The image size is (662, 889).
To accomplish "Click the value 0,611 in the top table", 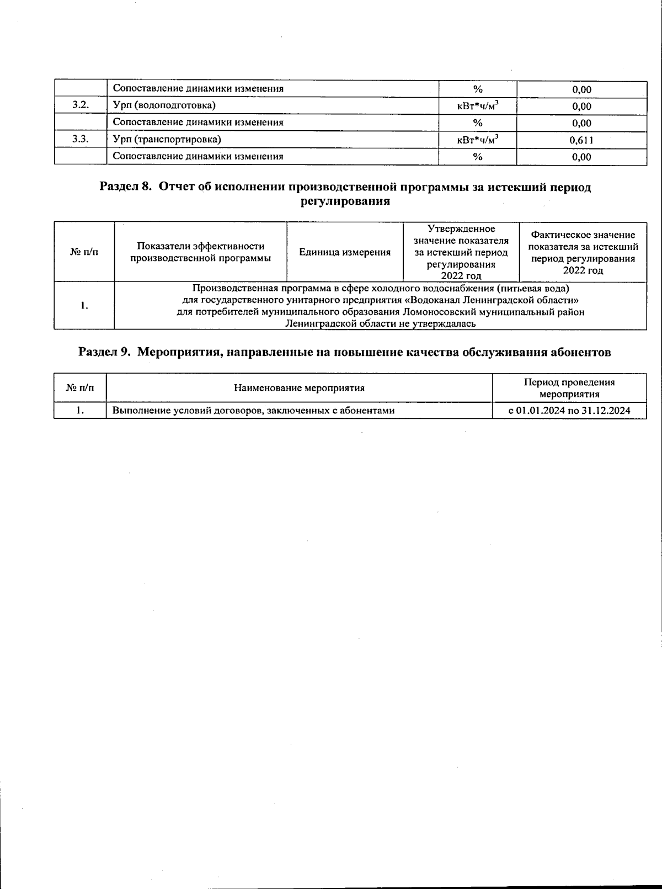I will (581, 140).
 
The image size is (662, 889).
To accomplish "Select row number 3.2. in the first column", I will (81, 105).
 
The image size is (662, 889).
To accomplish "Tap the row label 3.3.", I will (81, 139).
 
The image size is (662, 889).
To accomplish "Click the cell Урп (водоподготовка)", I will (164, 105).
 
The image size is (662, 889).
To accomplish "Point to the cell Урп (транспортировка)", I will (167, 139).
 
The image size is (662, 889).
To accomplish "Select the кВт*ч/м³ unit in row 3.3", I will (478, 140).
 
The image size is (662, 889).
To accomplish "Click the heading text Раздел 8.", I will (125, 187).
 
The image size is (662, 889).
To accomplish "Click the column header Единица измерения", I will (345, 253).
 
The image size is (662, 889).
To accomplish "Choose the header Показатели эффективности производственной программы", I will (201, 252).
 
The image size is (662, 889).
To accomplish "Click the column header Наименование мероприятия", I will (299, 388).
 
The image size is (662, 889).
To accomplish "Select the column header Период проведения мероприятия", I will (569, 388).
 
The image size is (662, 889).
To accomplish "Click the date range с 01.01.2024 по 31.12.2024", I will (569, 411).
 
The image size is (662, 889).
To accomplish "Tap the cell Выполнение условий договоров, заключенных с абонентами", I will (253, 411).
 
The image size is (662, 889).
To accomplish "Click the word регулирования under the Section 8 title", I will (345, 201).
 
